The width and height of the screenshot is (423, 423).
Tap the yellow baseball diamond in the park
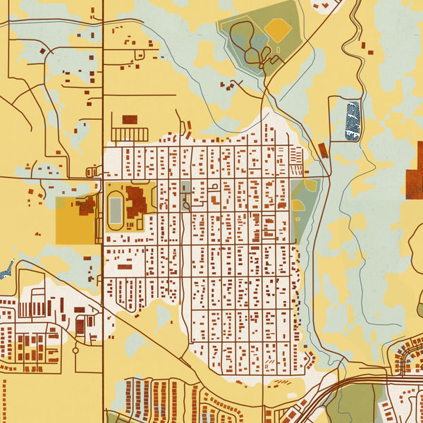(278, 30)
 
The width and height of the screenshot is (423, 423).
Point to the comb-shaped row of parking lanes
(130, 134)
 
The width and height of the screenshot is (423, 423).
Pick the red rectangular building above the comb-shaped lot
(130, 119)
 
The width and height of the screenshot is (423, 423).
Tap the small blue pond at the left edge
(7, 268)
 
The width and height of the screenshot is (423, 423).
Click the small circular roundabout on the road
(75, 350)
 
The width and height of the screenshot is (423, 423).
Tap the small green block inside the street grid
(185, 188)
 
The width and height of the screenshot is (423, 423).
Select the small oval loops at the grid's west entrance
(91, 171)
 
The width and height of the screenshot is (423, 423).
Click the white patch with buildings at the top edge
(327, 6)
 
